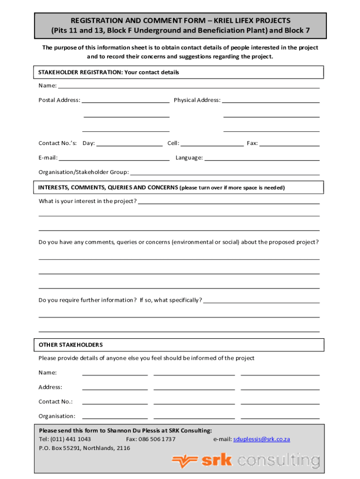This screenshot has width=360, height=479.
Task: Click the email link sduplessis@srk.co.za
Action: coord(261,439)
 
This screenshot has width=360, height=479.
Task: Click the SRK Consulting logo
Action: coord(246,461)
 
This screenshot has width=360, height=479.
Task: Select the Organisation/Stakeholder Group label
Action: coord(83,172)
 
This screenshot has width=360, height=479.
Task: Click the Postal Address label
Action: coord(59,100)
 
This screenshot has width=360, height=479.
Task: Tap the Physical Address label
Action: coord(197,100)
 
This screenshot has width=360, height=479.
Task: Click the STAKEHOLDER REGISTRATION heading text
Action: coord(108,73)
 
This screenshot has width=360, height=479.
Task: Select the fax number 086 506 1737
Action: coord(157,439)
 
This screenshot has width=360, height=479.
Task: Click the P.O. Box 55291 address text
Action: coord(84,448)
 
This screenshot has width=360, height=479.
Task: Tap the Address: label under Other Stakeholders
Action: coord(50,387)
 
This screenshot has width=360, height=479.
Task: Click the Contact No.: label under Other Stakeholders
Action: coord(55,402)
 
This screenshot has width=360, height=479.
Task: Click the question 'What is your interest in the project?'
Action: coord(87,201)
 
